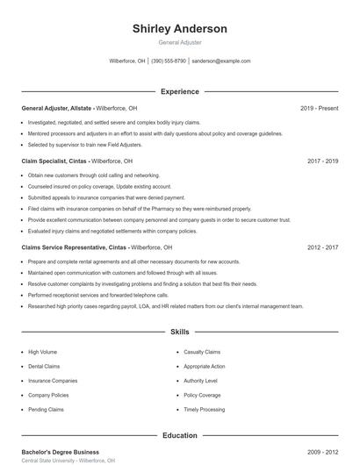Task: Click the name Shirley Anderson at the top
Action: (179, 29)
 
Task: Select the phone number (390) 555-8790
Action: (169, 61)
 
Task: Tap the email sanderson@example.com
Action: (221, 61)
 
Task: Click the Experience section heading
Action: (179, 91)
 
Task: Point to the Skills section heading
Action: (179, 333)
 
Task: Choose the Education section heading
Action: (179, 435)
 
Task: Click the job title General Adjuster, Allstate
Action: (56, 108)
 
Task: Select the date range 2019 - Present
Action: (319, 108)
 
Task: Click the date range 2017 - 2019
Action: (322, 161)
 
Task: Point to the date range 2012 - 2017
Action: (322, 248)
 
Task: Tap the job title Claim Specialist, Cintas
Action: (54, 161)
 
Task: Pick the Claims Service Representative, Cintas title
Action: (74, 248)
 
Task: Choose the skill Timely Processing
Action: (205, 410)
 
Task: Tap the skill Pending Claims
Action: (46, 410)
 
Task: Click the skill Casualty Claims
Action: (202, 351)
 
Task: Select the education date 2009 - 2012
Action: (322, 452)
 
